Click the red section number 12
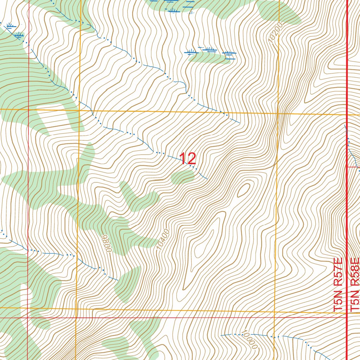pos(187,159)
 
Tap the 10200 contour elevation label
pos(275,35)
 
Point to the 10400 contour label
pos(164,239)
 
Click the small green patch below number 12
pos(182,177)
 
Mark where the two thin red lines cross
pos(27,317)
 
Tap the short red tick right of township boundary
pos(353,167)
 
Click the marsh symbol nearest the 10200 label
pos(229,54)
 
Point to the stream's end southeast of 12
pos(207,179)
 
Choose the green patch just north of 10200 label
pos(279,12)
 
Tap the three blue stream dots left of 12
pos(160,153)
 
